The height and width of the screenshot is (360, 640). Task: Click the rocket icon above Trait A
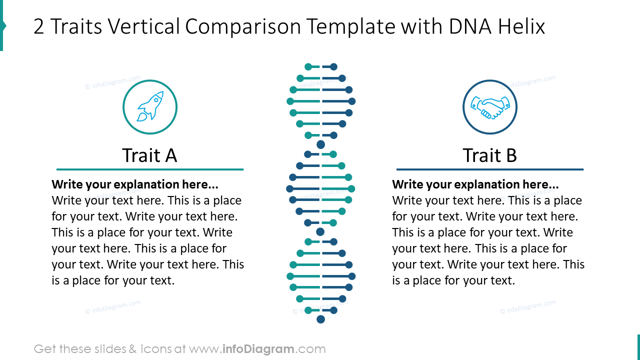point(150,107)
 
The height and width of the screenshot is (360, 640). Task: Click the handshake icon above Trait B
point(489,107)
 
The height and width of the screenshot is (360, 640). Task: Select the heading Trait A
point(149,155)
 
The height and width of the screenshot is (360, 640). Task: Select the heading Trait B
point(489,155)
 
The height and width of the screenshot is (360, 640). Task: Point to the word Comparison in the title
point(243,26)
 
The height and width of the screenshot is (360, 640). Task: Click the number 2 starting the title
point(38,26)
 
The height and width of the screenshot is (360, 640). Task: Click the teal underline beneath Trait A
point(149,169)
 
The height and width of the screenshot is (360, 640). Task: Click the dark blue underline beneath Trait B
point(489,169)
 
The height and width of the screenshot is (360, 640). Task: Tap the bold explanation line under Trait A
point(135,184)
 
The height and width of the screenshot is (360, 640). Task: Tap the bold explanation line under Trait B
point(475,184)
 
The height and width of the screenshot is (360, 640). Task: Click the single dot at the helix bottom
point(321,319)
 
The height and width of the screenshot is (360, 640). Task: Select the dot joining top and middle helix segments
point(321,144)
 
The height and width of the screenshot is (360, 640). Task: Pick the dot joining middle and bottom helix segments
point(320,232)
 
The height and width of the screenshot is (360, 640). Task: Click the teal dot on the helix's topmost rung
point(308,66)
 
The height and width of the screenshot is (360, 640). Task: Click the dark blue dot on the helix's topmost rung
point(333,66)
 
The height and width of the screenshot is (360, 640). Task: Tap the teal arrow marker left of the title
point(2,25)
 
